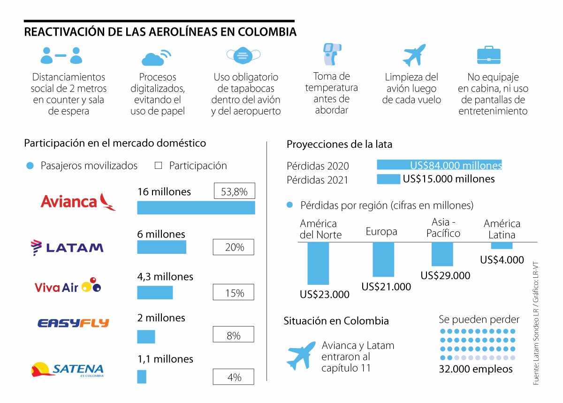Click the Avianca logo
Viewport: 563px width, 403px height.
pos(78,202)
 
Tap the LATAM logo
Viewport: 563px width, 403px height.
pos(67,247)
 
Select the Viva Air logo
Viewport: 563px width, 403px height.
pos(68,286)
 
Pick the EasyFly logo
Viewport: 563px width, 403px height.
pos(73,323)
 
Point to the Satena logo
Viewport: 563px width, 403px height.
pos(67,370)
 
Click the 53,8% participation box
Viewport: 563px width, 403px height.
pos(234,192)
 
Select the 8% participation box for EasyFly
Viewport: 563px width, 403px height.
pos(233,335)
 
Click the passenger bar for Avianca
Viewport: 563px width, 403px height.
pos(196,207)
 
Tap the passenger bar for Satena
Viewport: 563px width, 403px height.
pos(142,377)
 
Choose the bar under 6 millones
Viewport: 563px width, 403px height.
pos(161,247)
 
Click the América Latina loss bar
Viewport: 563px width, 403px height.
pos(502,245)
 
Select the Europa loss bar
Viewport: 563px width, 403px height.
pos(383,259)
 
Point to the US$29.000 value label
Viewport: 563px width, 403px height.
pos(445,275)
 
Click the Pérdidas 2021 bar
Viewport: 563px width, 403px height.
pos(388,179)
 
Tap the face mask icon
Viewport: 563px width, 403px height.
pos(243,55)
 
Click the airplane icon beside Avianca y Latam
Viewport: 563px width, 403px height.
pos(301,355)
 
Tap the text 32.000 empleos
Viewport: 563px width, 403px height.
pos(476,369)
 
